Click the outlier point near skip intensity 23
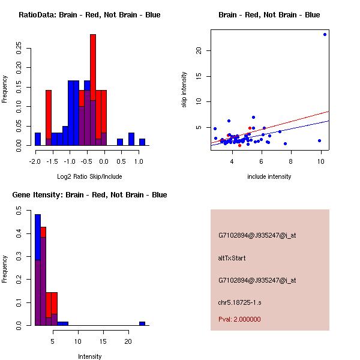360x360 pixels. pos(325,34)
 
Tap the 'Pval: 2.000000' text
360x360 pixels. pos(239,319)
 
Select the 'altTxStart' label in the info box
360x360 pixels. pos(232,258)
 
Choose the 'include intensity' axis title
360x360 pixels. pos(269,176)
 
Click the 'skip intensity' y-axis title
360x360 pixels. pos(184,90)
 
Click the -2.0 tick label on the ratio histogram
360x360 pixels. pos(35,161)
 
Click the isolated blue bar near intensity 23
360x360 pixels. pos(142,323)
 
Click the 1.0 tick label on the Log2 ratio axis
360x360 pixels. pos(139,161)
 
